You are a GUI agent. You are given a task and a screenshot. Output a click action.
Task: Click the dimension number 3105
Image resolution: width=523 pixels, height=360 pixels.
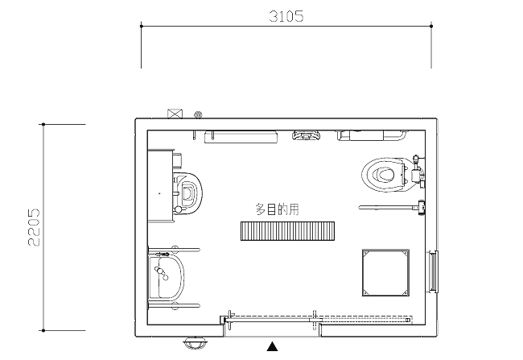point(286,16)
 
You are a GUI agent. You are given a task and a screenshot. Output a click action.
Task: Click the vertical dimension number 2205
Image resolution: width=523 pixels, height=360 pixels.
point(34,227)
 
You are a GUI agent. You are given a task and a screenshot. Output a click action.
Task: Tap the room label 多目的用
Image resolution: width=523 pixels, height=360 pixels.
point(277,209)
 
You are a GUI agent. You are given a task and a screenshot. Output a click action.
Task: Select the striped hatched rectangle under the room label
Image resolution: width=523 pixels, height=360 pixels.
point(287,231)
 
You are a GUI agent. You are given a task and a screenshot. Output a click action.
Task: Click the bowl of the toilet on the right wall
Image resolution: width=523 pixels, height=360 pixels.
point(384,174)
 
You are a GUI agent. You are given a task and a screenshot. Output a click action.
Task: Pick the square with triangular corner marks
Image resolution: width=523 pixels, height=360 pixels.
point(385,272)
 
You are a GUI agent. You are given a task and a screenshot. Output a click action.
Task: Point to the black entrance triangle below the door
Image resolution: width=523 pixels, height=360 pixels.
point(272,346)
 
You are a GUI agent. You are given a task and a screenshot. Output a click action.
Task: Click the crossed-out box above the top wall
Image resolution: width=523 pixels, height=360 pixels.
point(175,114)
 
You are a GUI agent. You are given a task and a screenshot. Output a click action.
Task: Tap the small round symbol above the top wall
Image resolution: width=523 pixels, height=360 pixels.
point(198,115)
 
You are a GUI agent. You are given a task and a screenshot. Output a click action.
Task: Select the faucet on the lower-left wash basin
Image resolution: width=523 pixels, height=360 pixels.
point(161,273)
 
